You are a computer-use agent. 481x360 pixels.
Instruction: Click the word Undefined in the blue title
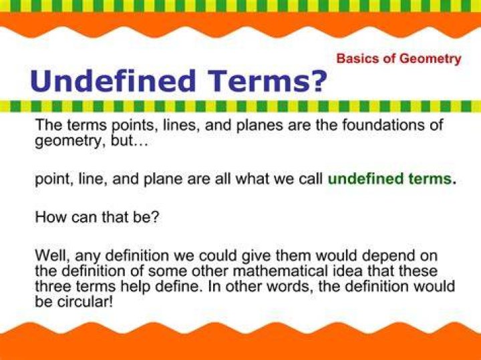(113, 80)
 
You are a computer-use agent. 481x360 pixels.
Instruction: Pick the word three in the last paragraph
(53, 287)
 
